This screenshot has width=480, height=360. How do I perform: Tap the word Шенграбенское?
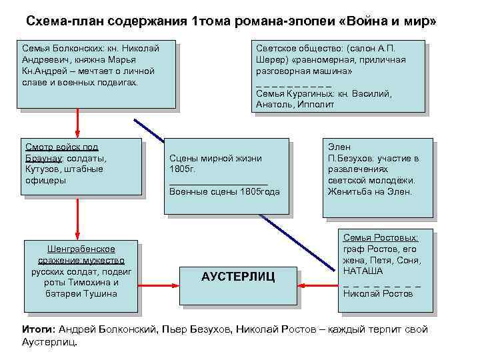[81, 249]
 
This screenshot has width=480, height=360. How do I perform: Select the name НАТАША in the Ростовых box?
[363, 271]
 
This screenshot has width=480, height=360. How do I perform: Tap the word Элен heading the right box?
[339, 147]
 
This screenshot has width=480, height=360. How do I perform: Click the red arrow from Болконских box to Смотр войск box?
[78, 123]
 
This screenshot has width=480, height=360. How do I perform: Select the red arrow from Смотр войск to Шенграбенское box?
[78, 219]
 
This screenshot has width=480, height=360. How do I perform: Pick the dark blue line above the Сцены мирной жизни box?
[150, 130]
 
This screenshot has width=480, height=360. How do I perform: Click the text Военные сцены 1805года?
[225, 191]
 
